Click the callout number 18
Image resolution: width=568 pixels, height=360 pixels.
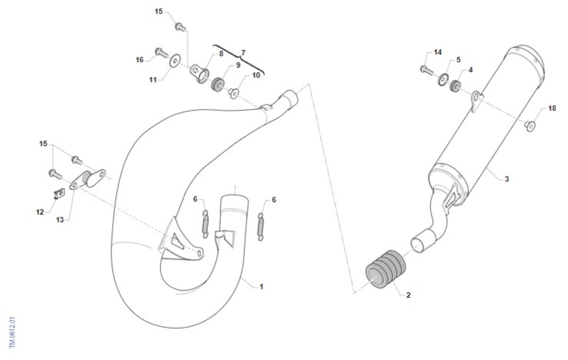click(x=552, y=108)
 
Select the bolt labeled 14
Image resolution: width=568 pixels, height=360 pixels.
click(x=427, y=70)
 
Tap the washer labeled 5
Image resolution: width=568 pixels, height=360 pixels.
click(x=443, y=79)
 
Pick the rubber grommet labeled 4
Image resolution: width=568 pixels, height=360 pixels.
click(x=455, y=86)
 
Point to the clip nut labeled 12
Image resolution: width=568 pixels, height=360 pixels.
click(x=59, y=194)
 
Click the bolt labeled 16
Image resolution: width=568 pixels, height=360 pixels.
click(x=161, y=53)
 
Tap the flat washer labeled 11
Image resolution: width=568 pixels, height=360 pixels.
click(x=175, y=61)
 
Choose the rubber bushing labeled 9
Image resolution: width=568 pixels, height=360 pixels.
click(x=218, y=85)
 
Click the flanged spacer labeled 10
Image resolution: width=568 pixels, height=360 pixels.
click(x=233, y=94)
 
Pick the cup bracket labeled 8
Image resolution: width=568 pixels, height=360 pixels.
click(x=200, y=73)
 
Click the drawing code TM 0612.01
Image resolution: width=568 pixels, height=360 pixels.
click(x=12, y=333)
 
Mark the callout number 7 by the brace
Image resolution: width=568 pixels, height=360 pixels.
click(x=243, y=53)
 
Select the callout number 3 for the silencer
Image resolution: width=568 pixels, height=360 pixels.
click(x=506, y=179)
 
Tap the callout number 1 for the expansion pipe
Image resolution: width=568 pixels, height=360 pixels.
click(x=261, y=287)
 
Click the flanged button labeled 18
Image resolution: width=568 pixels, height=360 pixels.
click(x=530, y=126)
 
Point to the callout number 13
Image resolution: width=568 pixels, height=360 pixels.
click(x=60, y=220)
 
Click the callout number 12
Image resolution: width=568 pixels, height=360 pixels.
click(x=40, y=212)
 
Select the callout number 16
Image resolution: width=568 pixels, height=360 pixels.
click(x=140, y=60)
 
